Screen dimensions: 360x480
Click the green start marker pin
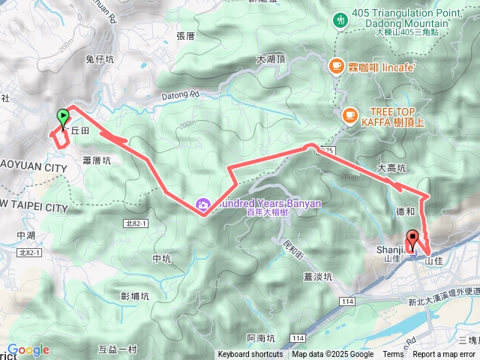[63, 118]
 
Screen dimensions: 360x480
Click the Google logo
[28, 349]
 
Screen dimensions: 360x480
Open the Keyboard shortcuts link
[250, 354]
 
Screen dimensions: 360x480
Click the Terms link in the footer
[392, 354]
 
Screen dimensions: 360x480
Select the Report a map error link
[445, 354]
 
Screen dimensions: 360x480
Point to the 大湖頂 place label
[271, 58]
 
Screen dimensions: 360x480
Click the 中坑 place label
[162, 259]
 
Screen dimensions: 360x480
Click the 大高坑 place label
[391, 168]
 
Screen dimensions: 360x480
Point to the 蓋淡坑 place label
[319, 276]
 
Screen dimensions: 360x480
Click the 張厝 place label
[185, 35]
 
